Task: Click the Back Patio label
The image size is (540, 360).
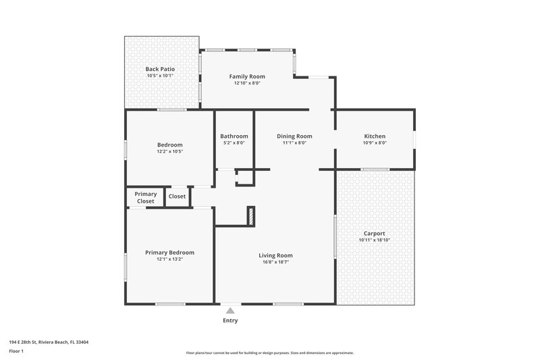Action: (x=160, y=69)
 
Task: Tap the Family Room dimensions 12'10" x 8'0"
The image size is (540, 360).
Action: (x=247, y=83)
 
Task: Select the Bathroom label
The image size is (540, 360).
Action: (x=234, y=136)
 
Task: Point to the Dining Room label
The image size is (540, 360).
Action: (x=294, y=136)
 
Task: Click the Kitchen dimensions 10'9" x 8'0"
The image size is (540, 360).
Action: (x=375, y=143)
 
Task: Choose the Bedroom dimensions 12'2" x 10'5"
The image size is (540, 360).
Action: (x=170, y=151)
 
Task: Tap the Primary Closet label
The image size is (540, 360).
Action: (x=146, y=197)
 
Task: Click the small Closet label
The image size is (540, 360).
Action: (x=178, y=197)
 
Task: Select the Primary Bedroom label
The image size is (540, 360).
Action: (x=170, y=253)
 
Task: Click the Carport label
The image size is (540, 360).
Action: (x=375, y=234)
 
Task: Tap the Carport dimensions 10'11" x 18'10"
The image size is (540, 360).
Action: (x=375, y=240)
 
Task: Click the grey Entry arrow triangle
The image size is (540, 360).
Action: (x=230, y=311)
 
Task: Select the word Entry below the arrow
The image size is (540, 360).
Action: (x=230, y=320)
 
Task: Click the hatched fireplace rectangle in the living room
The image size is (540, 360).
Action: (x=250, y=216)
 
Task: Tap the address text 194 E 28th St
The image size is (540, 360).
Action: (x=49, y=342)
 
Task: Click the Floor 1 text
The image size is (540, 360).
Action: (x=16, y=351)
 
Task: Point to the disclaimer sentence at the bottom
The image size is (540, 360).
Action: (x=270, y=353)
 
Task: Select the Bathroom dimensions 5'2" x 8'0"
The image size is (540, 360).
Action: (x=234, y=143)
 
